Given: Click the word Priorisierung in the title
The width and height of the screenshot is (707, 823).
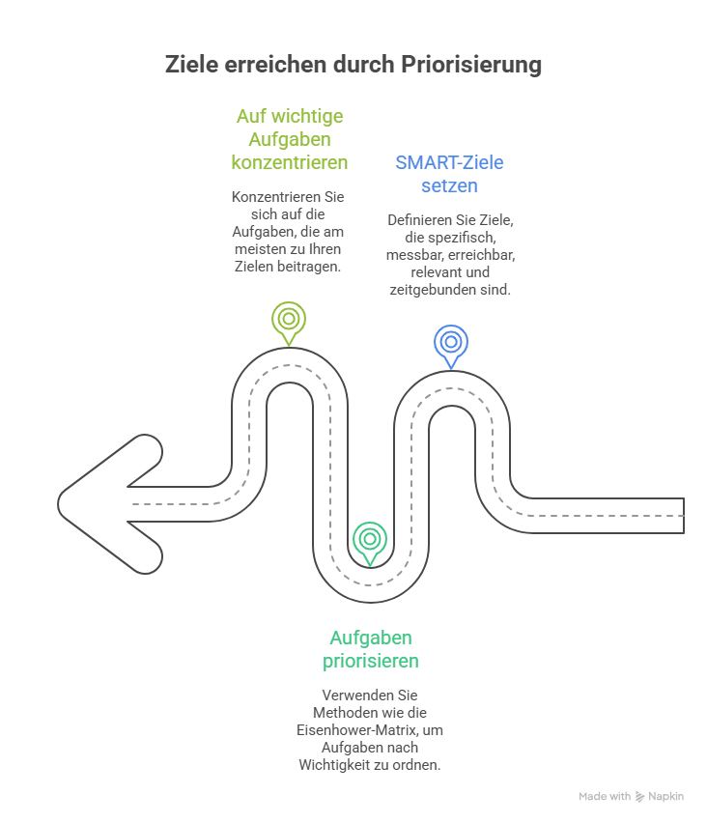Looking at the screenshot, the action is coord(470,65).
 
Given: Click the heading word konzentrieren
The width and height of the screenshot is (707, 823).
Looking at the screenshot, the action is coord(290,162).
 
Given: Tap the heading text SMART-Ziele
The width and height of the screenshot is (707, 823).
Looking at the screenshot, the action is coord(449,162).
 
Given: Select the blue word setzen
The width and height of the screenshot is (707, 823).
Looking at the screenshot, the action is coord(449,185).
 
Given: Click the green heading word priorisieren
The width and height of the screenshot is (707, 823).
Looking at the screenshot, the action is coord(371,661).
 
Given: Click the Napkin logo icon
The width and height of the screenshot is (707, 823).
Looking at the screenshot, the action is coord(639,797).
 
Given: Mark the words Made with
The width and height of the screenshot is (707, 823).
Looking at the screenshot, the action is coord(605,796).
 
